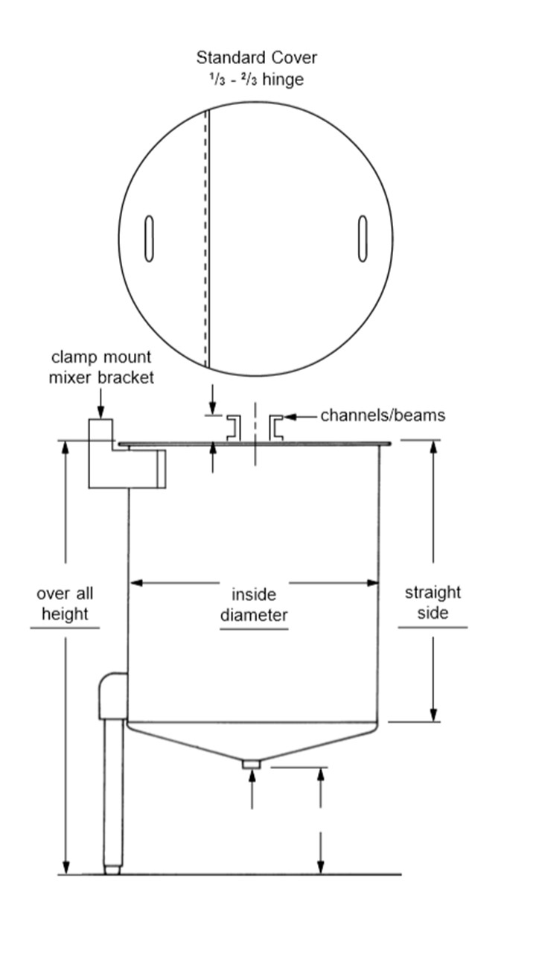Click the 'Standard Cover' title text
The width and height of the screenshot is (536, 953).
(x=256, y=57)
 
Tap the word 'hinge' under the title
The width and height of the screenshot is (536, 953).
(x=283, y=79)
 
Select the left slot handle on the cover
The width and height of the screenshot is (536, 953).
(x=149, y=239)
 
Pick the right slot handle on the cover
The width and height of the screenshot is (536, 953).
(x=363, y=238)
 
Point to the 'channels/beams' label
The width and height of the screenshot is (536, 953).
(x=383, y=415)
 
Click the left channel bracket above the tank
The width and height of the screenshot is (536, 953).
(x=232, y=426)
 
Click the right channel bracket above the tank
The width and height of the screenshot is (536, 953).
(x=275, y=426)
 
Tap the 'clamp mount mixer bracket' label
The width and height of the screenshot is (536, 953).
(x=101, y=367)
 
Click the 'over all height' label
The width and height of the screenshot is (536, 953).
(x=65, y=604)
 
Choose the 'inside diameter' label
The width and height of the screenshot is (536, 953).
(x=253, y=605)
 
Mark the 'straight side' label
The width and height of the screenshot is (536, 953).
(x=433, y=602)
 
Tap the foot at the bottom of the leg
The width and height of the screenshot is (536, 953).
(x=112, y=869)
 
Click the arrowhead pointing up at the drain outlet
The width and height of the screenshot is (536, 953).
(x=252, y=776)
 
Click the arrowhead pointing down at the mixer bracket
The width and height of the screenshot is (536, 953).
(x=101, y=412)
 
